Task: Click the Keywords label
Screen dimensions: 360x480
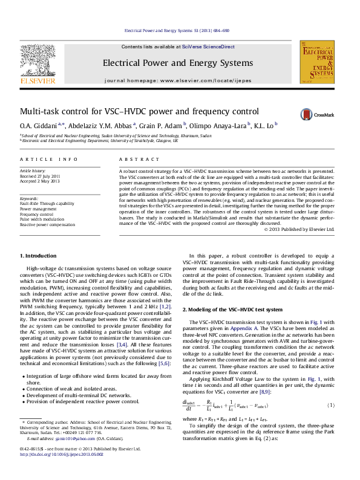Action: coord(30,198)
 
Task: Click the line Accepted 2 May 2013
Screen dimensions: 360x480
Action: coord(41,181)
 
